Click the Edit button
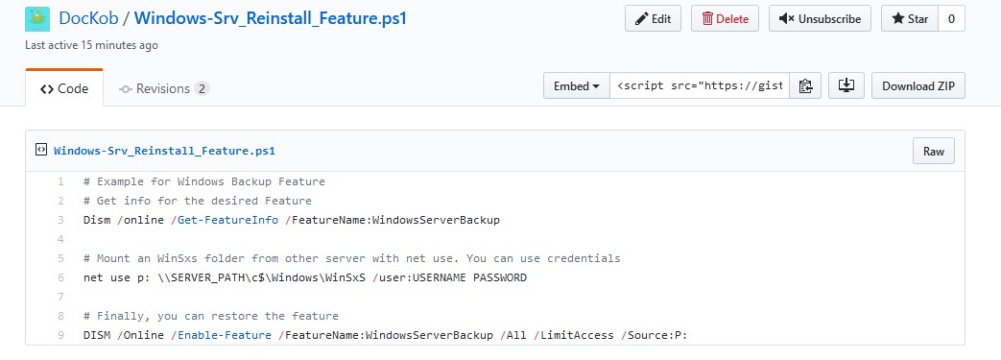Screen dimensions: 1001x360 pos(653,18)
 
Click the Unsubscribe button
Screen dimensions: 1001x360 pos(820,18)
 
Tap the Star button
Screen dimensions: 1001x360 pos(909,18)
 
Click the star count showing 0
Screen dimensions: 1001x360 pos(951,18)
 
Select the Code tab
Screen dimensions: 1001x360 pos(64,88)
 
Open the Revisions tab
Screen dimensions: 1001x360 pos(163,88)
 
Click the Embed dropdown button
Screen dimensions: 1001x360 pos(577,85)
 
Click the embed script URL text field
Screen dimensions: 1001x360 pos(699,85)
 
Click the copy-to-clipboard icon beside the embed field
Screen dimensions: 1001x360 pos(805,85)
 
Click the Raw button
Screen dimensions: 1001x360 pos(933,151)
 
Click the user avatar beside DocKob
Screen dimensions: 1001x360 pos(38,17)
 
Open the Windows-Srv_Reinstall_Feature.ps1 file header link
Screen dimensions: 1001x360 pos(165,151)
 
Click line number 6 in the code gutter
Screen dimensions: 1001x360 pos(60,277)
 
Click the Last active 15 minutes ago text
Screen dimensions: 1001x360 pos(92,45)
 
